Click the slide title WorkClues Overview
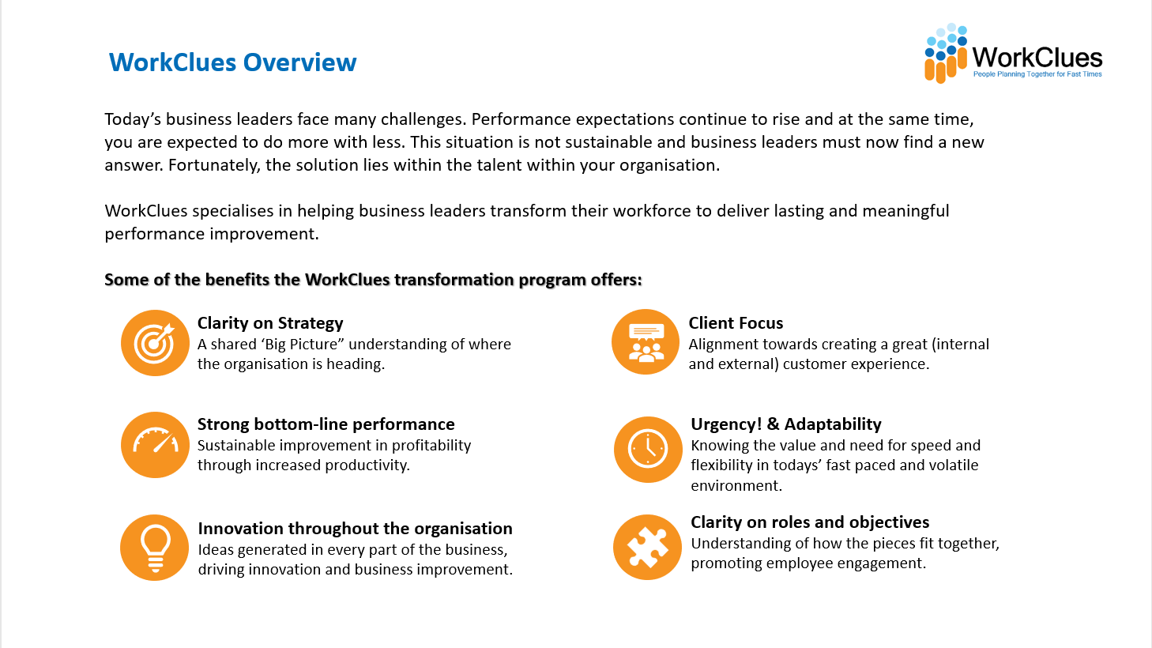(x=232, y=62)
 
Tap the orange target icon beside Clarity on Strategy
(x=155, y=343)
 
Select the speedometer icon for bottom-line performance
(x=155, y=445)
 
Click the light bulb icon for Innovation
(x=154, y=548)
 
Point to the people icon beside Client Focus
(x=646, y=342)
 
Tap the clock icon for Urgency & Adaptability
(x=648, y=450)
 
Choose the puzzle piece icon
(x=647, y=547)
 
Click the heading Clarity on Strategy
(x=270, y=323)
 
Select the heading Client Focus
(x=736, y=323)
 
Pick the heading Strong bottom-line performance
(x=326, y=424)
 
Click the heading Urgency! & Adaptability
(x=786, y=424)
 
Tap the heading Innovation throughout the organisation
(x=355, y=529)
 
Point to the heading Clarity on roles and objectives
(x=810, y=522)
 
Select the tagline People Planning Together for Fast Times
(x=1037, y=74)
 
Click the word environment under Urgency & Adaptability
(x=736, y=485)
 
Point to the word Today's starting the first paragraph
(x=133, y=120)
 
